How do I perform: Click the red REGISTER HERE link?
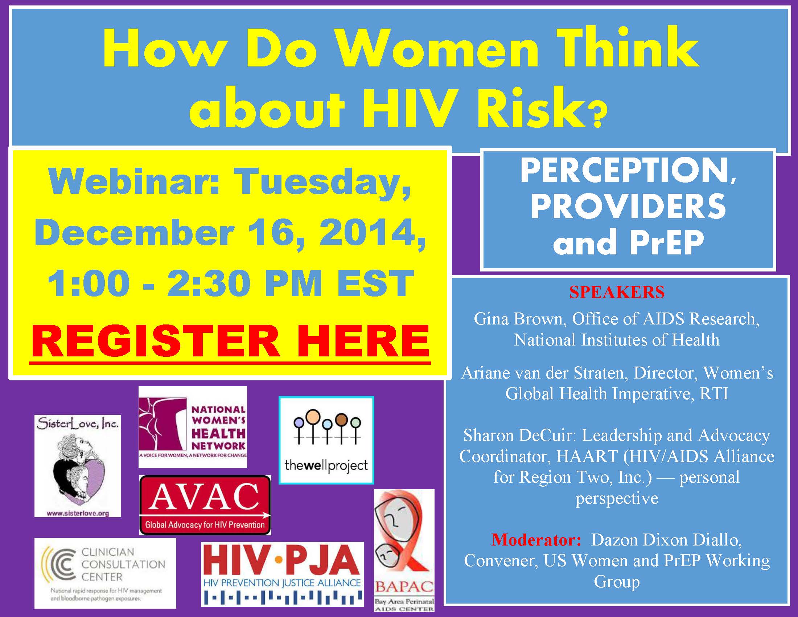230,341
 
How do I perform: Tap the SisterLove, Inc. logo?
78,466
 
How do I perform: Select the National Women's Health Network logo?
193,426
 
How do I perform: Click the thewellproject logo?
326,440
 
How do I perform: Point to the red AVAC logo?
205,505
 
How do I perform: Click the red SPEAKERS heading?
617,292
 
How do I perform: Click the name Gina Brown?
518,319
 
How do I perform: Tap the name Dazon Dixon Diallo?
666,540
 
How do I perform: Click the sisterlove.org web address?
78,513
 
